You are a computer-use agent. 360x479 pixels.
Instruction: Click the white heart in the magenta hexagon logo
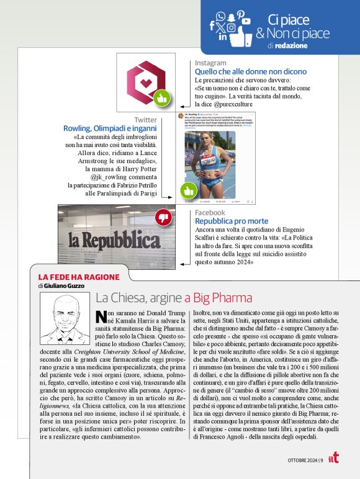point(146,82)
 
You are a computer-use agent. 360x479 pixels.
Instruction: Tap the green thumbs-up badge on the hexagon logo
point(162,98)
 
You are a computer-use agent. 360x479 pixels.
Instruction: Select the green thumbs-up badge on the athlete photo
point(187,190)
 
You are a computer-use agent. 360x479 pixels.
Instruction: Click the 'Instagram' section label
point(210,63)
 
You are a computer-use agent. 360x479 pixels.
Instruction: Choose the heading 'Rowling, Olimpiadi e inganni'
point(110,128)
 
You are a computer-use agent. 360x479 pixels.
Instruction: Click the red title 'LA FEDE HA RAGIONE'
point(69,277)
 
